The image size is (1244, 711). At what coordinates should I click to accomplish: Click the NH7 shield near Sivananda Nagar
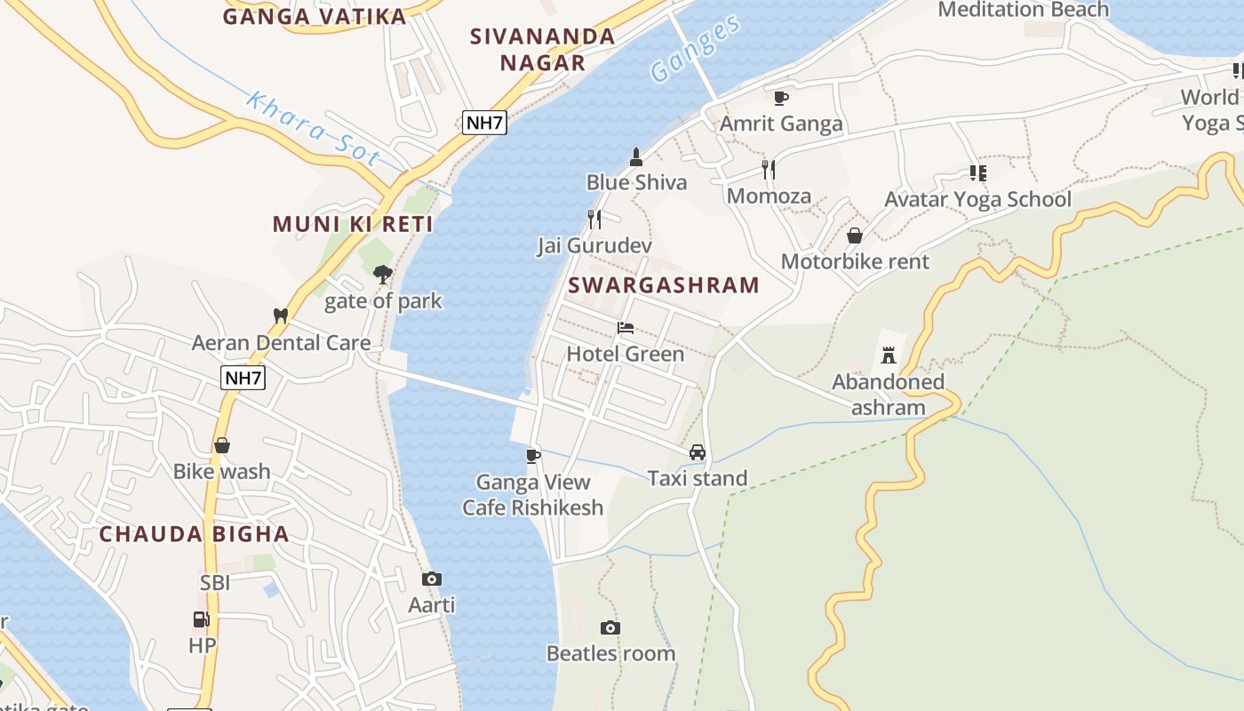[484, 123]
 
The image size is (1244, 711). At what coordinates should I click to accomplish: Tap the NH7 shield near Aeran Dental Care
[243, 379]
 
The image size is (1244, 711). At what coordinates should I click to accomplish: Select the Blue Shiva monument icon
[635, 157]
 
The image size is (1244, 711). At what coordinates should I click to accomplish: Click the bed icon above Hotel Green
[626, 328]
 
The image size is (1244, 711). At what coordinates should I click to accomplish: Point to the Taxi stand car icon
[698, 452]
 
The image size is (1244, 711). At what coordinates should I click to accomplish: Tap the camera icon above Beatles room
[610, 627]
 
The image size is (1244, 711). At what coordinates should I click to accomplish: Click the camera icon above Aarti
[432, 579]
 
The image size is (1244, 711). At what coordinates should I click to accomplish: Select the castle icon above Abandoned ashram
[888, 355]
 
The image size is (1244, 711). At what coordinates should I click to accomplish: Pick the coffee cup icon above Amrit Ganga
[780, 98]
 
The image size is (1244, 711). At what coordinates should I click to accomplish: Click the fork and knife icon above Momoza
[769, 169]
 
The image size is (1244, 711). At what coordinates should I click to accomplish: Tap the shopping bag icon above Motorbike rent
[854, 236]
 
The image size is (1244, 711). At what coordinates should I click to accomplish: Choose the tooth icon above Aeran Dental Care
[281, 316]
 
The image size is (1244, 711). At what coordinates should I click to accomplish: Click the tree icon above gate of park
[383, 275]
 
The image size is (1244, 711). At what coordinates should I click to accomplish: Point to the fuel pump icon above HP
[202, 619]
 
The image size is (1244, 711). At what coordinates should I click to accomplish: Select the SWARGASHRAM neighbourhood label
[664, 285]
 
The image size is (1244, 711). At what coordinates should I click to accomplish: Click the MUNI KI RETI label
[353, 224]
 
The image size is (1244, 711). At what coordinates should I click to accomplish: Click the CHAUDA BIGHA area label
[194, 534]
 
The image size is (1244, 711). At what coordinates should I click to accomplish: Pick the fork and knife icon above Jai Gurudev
[594, 219]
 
